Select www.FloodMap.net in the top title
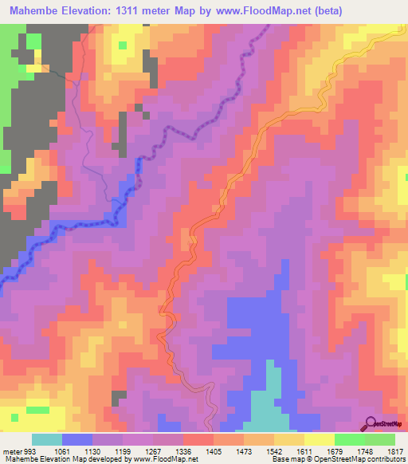pyautogui.click(x=262, y=10)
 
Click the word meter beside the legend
pyautogui.click(x=10, y=451)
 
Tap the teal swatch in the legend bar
pyautogui.click(x=47, y=439)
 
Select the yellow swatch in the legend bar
pyautogui.click(x=319, y=439)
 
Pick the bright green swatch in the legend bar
pyautogui.click(x=349, y=439)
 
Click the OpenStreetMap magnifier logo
pyautogui.click(x=371, y=422)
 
